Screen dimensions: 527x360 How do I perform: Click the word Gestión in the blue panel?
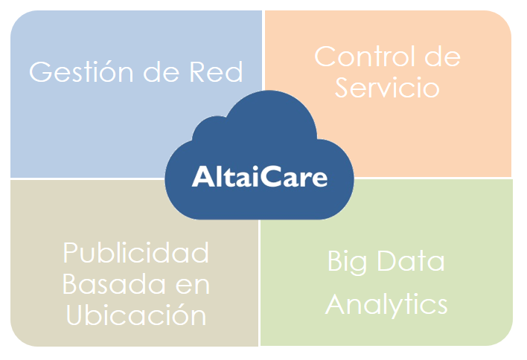(x=81, y=72)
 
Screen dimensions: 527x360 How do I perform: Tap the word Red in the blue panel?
(x=216, y=71)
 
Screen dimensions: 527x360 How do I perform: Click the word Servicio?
(x=387, y=88)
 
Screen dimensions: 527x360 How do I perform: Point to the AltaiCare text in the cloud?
(x=260, y=176)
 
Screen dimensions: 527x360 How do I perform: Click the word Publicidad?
(x=135, y=253)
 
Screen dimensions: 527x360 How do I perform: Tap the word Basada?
(x=114, y=284)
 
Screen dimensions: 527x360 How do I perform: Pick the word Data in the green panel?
(x=411, y=260)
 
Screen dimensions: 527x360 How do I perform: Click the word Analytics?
(x=386, y=305)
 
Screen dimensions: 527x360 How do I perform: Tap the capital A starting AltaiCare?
(x=202, y=176)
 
